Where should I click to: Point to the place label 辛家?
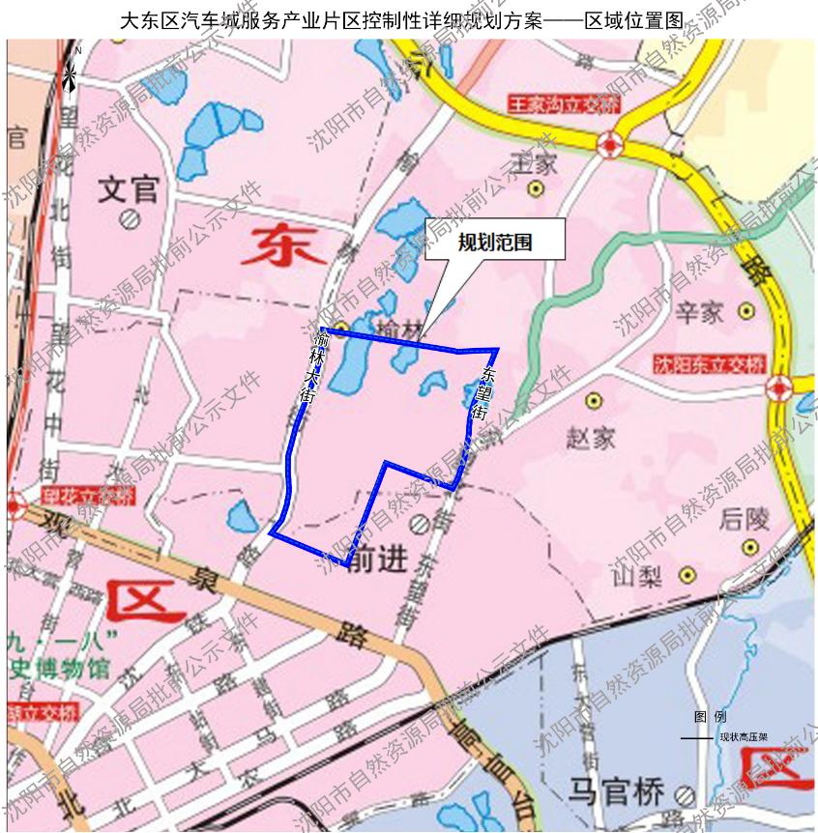699,312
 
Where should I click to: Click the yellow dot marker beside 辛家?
745,311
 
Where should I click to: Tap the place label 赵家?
590,438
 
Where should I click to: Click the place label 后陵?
745,520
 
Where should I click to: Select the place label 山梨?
636,577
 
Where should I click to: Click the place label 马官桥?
619,792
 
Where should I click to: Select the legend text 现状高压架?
744,736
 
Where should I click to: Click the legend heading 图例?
710,717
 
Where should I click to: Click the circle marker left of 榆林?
342,327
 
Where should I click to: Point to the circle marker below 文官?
128,221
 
